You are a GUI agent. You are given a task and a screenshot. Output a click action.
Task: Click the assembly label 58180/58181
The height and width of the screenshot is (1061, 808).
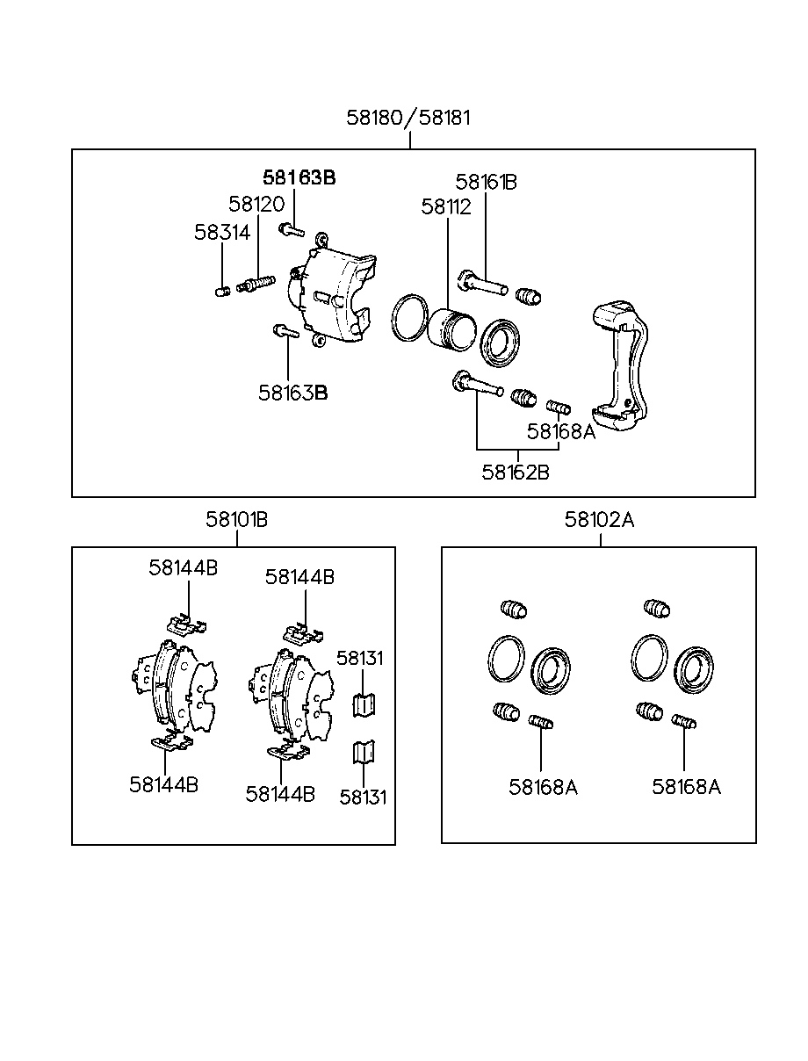point(408,118)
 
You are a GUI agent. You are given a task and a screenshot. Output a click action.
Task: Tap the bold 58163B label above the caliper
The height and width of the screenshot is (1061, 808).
point(299,178)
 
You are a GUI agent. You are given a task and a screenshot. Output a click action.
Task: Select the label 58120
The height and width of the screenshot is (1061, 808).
point(256,204)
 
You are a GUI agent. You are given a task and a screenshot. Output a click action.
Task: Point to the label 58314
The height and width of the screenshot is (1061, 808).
point(222,233)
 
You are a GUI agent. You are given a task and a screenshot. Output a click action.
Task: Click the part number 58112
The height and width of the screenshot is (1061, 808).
point(446,207)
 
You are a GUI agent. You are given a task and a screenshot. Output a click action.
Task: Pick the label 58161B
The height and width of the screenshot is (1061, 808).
point(486,182)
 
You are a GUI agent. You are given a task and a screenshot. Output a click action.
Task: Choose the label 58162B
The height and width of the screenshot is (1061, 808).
point(516,473)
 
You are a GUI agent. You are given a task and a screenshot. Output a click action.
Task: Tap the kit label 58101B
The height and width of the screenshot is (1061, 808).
point(236,520)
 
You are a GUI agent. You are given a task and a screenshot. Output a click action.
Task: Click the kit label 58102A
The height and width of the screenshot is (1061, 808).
point(599,520)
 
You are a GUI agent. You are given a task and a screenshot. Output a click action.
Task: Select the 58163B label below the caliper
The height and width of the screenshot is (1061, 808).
point(292,393)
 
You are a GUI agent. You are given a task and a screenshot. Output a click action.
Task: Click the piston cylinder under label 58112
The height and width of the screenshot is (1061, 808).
point(451,329)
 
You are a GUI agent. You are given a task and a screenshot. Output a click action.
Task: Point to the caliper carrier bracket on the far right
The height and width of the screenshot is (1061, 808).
point(620,365)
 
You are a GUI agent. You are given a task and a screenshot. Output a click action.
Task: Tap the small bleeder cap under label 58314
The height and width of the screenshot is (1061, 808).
point(222,292)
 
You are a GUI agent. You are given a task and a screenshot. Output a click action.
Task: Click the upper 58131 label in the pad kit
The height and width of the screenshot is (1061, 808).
point(359,659)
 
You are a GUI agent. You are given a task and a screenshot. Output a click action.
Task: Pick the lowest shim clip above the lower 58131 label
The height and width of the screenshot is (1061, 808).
point(364,753)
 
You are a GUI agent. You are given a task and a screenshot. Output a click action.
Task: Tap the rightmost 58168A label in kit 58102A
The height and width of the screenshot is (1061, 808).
point(686,788)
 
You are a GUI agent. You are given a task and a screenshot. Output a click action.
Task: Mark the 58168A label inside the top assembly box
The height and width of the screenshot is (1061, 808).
point(561,431)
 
